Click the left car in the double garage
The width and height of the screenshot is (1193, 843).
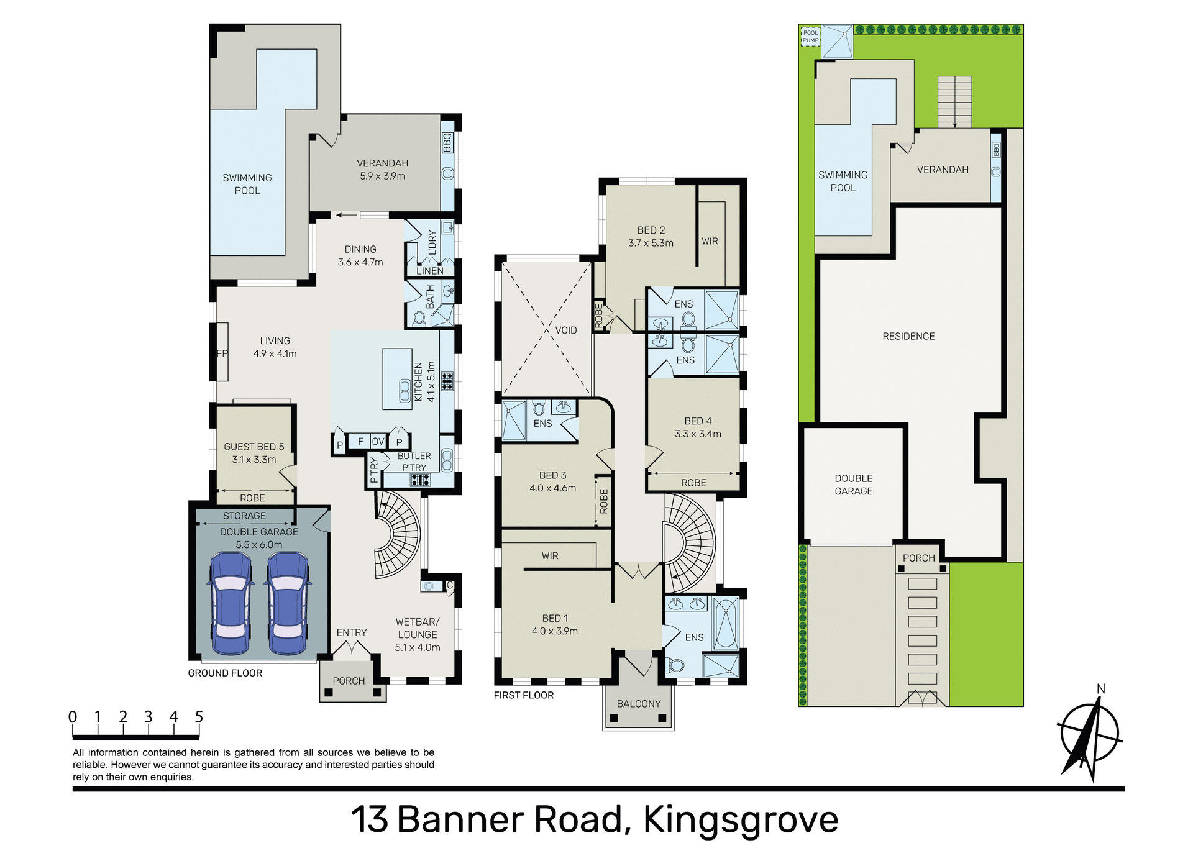[231, 603]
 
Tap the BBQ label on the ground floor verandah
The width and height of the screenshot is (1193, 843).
[447, 143]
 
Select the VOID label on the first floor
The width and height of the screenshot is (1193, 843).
[565, 330]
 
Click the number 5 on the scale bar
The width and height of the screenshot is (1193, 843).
[199, 717]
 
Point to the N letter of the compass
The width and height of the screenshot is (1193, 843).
[1100, 688]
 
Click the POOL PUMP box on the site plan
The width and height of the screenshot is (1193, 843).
[810, 36]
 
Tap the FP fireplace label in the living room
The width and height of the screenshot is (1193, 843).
[222, 353]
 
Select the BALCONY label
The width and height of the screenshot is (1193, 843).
[638, 703]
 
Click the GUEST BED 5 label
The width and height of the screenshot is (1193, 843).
[254, 447]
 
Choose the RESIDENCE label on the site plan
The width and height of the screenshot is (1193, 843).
[908, 336]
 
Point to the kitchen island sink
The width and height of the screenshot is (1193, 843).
[405, 391]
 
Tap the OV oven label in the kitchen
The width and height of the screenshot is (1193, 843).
[378, 441]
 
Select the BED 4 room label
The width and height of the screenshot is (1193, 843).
[698, 421]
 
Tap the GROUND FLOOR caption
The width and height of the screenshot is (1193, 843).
[225, 673]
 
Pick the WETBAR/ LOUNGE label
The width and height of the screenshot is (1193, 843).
[417, 628]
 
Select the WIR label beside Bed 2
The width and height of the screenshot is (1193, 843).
[710, 241]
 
